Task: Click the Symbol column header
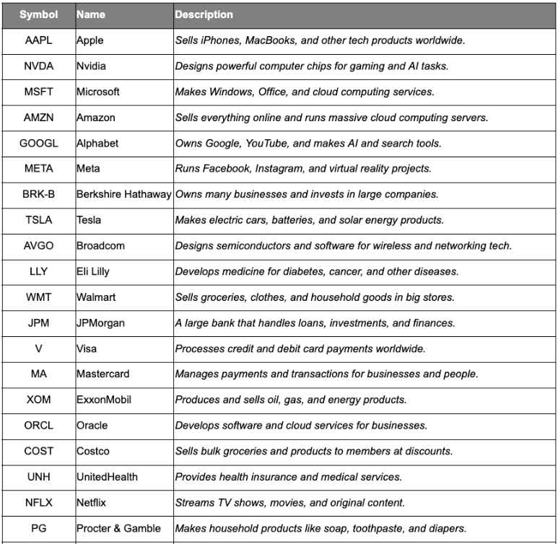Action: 38,14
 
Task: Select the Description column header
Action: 204,14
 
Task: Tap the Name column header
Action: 91,14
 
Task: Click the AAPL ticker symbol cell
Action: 38,40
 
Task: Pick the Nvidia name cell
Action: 91,66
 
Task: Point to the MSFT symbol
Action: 38,92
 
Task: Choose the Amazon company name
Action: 96,118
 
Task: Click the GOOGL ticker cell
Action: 38,144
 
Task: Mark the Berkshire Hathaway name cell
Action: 124,194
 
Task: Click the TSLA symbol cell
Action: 38,220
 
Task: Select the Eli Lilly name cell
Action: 93,272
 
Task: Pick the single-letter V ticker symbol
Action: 38,348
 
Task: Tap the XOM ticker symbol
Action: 38,400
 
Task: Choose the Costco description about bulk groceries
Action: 313,451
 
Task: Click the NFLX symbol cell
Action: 38,502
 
